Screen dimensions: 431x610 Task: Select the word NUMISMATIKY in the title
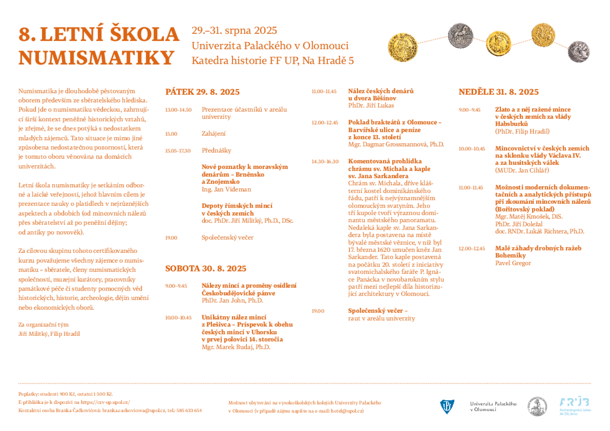(96, 58)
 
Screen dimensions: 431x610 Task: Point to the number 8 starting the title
(24, 35)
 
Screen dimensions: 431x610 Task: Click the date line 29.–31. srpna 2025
(234, 31)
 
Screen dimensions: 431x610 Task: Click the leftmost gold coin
(403, 47)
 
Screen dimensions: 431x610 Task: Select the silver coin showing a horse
(460, 35)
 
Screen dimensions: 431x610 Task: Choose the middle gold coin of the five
(498, 43)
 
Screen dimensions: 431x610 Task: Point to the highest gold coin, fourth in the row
(543, 35)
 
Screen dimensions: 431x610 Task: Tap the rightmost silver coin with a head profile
(579, 51)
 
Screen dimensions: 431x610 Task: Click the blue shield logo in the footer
(447, 406)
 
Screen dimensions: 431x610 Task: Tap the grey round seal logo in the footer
(537, 406)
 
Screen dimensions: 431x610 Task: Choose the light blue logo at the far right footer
(575, 406)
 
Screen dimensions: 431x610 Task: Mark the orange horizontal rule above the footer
(305, 383)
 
